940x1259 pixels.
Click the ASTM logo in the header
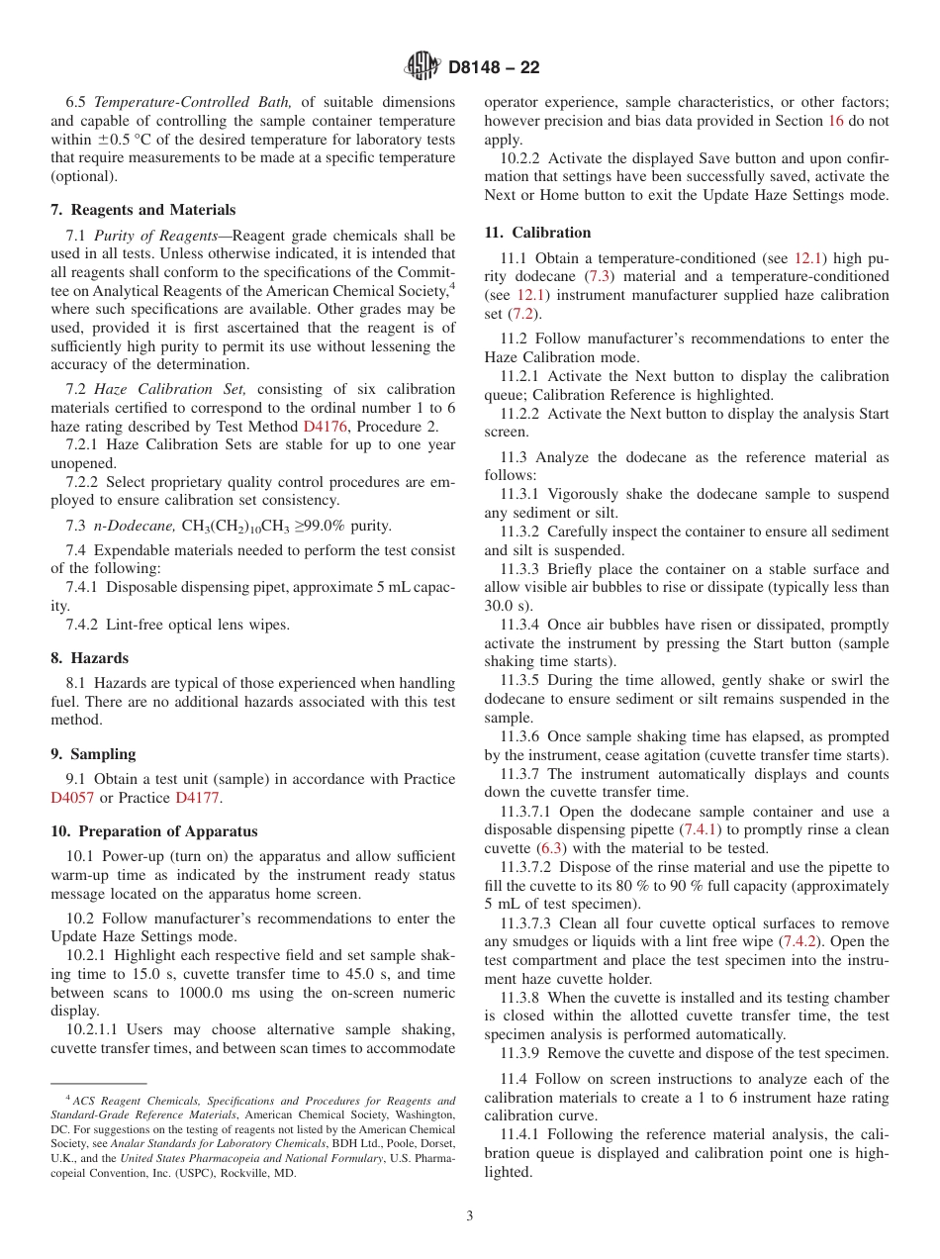pyautogui.click(x=423, y=67)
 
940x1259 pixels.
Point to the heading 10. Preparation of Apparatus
pyautogui.click(x=154, y=831)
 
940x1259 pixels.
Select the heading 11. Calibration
pyautogui.click(x=537, y=233)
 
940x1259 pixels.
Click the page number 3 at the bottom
pyautogui.click(x=470, y=1216)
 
